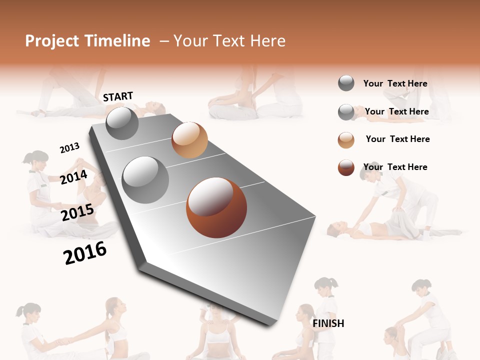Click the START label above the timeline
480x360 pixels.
pos(118,96)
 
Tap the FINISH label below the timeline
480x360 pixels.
pos(328,323)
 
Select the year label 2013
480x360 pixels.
pos(69,147)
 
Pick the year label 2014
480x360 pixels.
pos(74,177)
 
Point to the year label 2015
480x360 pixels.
pos(77,212)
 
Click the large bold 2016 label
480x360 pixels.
pos(85,253)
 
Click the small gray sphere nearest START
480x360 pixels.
pos(122,123)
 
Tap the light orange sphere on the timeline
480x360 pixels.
pos(189,139)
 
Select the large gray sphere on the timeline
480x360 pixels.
pos(145,179)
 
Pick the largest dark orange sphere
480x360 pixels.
pos(216,207)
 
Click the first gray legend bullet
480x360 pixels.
pos(346,83)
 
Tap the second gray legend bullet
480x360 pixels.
pos(346,112)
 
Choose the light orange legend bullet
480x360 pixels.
pos(346,140)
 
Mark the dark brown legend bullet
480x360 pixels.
pos(346,168)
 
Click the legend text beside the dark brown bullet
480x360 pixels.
pos(395,167)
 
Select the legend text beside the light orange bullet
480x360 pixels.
pos(397,139)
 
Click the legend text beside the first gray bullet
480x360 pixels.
pos(395,83)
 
